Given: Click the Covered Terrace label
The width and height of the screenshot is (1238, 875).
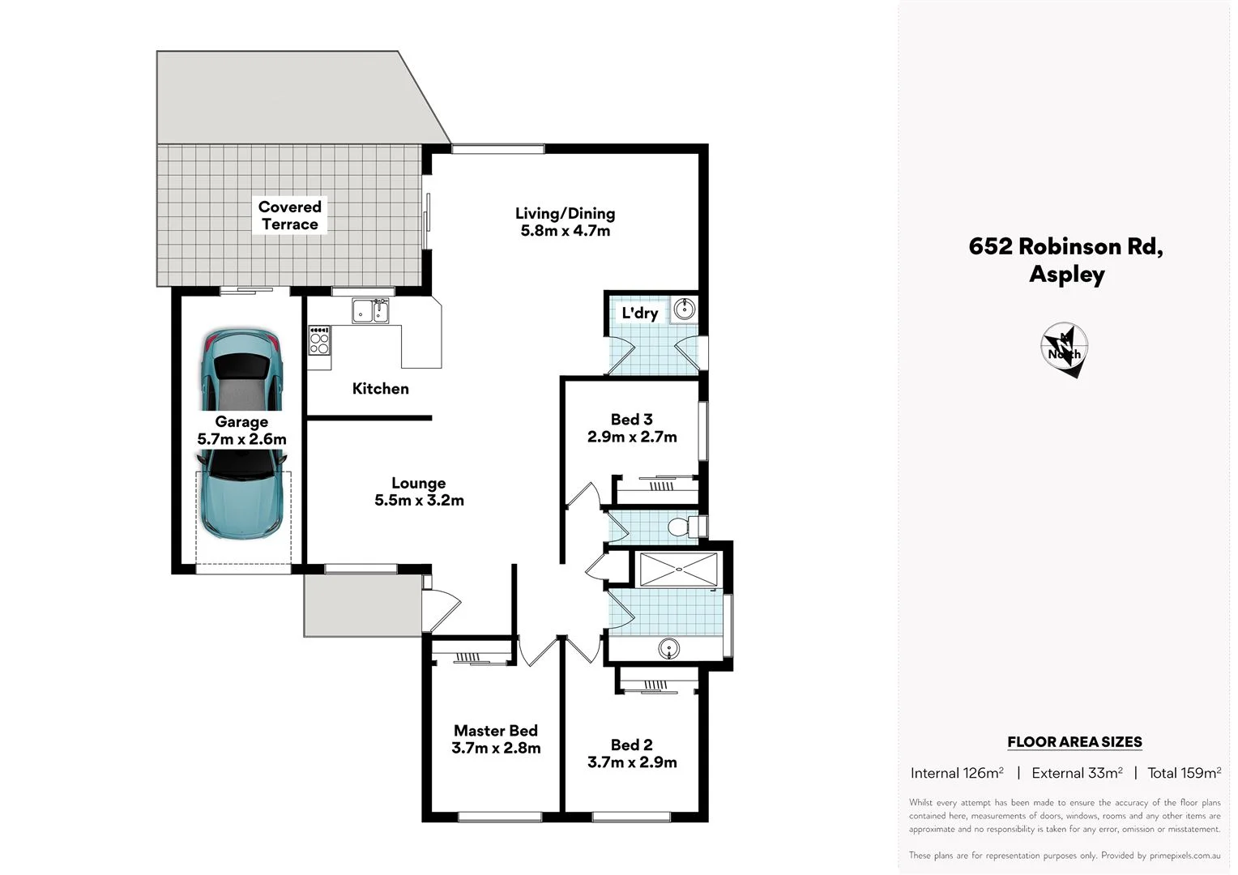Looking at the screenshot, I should pyautogui.click(x=289, y=216).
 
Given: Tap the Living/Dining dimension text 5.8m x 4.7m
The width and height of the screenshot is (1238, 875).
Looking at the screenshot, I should pyautogui.click(x=565, y=231).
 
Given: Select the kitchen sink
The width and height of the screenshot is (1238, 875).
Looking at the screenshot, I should pyautogui.click(x=370, y=310).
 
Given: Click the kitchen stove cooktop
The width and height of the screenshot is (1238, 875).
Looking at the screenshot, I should pyautogui.click(x=319, y=339).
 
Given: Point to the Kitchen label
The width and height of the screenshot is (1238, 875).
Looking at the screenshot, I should pyautogui.click(x=380, y=389).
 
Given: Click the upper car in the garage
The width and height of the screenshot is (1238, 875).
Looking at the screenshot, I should pyautogui.click(x=241, y=369).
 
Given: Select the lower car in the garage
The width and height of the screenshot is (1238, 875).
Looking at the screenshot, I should pyautogui.click(x=241, y=494).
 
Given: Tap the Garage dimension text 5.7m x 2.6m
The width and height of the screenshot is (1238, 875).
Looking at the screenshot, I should pyautogui.click(x=241, y=439).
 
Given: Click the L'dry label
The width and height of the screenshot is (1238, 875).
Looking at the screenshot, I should pyautogui.click(x=639, y=314).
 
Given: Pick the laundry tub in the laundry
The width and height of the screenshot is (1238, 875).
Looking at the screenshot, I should pyautogui.click(x=685, y=309).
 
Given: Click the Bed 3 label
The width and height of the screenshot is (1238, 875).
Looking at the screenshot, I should pyautogui.click(x=631, y=420).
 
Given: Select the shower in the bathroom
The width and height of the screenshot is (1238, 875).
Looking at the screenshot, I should pyautogui.click(x=678, y=569).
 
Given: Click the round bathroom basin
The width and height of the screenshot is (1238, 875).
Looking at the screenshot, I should pyautogui.click(x=668, y=647).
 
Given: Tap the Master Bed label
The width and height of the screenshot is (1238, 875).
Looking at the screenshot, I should pyautogui.click(x=495, y=731).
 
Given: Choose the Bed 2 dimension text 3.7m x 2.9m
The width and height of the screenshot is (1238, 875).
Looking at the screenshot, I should pyautogui.click(x=632, y=762).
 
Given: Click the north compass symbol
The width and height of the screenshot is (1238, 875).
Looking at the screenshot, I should pyautogui.click(x=1064, y=349).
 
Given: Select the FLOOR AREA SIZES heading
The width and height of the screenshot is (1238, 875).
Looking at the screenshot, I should pyautogui.click(x=1074, y=742).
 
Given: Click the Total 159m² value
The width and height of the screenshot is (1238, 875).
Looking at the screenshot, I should pyautogui.click(x=1184, y=773).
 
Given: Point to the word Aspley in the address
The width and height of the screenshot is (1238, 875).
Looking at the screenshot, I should pyautogui.click(x=1066, y=275).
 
